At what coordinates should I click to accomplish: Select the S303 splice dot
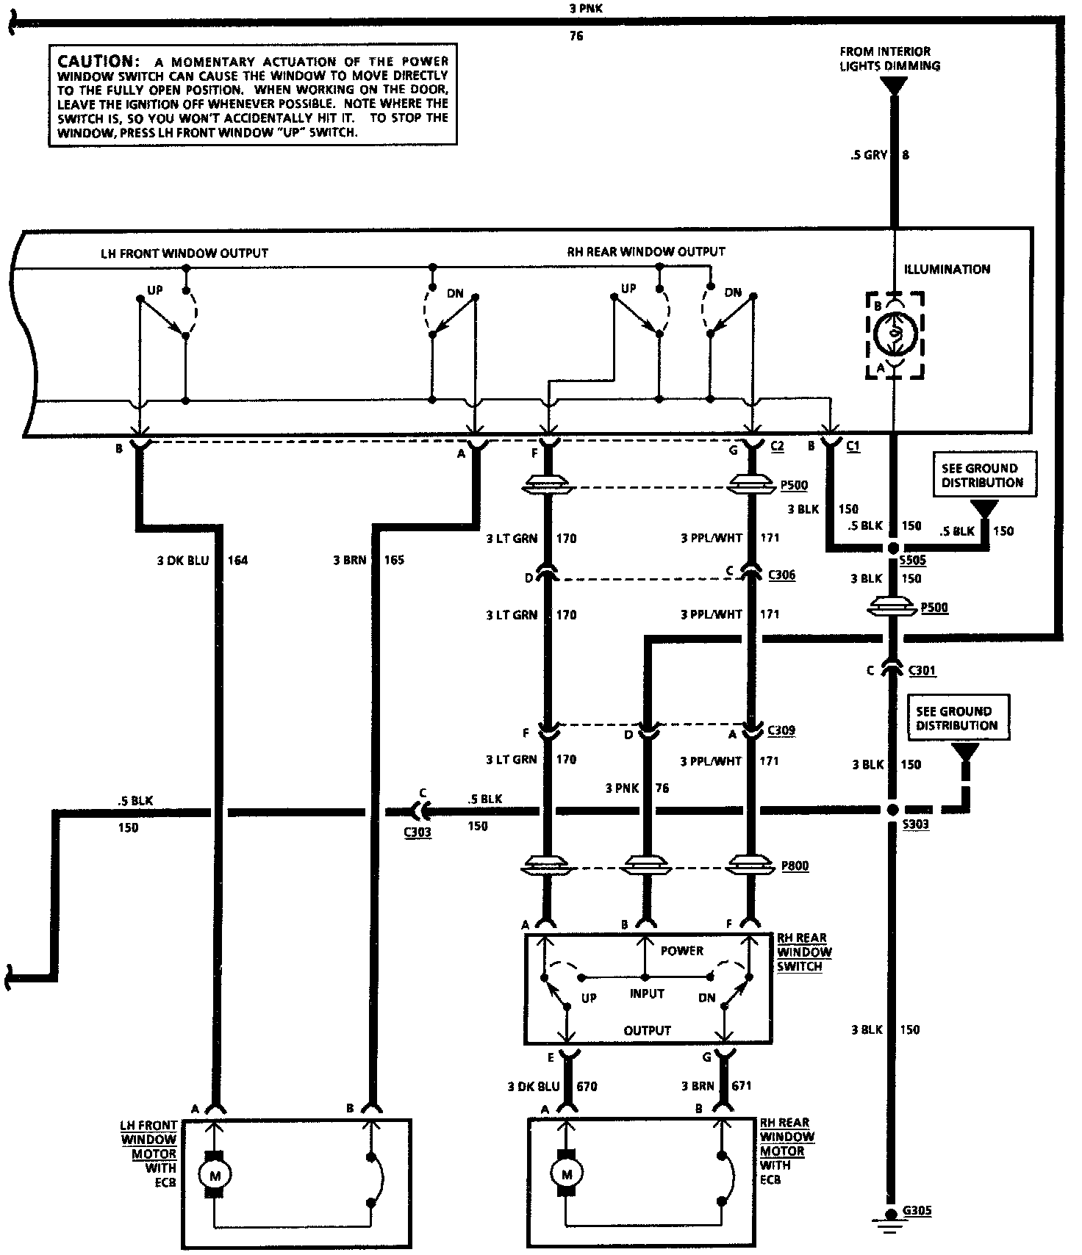(892, 809)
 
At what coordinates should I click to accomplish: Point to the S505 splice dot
(893, 548)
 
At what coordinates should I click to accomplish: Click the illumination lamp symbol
(895, 335)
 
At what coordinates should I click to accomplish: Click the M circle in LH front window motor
(215, 1176)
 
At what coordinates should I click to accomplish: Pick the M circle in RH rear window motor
(566, 1175)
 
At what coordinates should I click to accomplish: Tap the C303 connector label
(417, 833)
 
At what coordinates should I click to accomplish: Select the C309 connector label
(781, 730)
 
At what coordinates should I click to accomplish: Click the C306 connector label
(781, 575)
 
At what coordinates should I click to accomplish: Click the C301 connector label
(922, 670)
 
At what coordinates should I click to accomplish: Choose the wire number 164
(237, 561)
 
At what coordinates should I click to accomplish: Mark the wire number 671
(742, 1085)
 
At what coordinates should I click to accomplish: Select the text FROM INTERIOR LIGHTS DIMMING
(889, 58)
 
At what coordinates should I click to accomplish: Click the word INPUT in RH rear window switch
(647, 994)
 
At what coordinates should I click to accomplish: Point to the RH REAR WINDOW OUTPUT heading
(645, 251)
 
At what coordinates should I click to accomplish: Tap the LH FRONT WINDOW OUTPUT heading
(184, 253)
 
